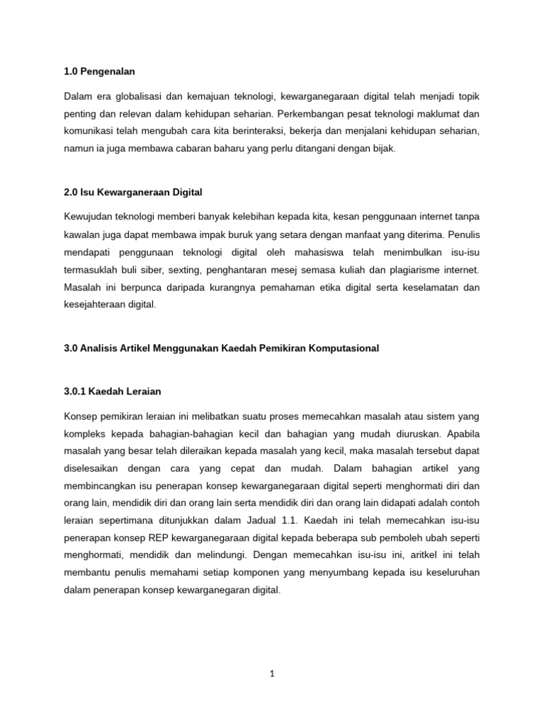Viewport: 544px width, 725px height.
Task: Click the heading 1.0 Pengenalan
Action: [x=99, y=72]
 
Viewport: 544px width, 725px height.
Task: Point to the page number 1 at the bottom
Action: [x=271, y=674]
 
